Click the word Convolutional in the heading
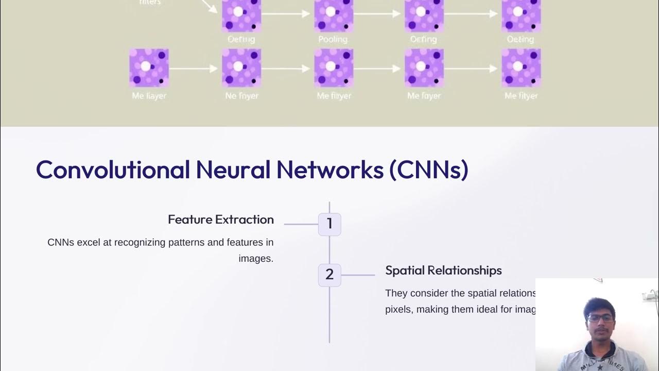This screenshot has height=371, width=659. [x=113, y=170]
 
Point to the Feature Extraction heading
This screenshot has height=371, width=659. [x=220, y=220]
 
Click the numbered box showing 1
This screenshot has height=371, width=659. [x=329, y=224]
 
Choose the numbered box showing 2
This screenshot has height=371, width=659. [x=329, y=275]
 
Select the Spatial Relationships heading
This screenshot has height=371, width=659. [x=443, y=271]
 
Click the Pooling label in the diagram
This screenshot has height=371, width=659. [x=333, y=39]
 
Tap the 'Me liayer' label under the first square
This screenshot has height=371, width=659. [x=149, y=96]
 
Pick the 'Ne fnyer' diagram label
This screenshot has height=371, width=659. [x=241, y=96]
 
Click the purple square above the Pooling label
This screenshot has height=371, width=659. [x=334, y=15]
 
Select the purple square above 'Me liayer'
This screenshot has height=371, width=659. [x=149, y=68]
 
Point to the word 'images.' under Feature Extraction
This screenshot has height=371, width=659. [x=256, y=259]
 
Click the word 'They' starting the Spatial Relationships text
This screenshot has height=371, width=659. [x=395, y=293]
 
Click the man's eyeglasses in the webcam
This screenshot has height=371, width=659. [x=600, y=318]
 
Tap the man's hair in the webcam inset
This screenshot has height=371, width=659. [x=599, y=305]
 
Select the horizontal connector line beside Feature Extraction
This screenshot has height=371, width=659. [x=301, y=224]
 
